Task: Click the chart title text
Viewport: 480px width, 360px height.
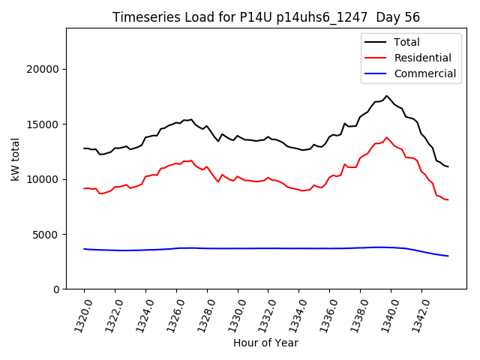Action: pyautogui.click(x=265, y=17)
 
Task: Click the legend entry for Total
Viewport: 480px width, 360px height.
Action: pyautogui.click(x=406, y=42)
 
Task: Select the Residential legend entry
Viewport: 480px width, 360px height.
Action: pyautogui.click(x=422, y=58)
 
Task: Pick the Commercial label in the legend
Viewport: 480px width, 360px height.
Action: pyautogui.click(x=424, y=73)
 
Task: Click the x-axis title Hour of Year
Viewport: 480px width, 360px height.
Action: pyautogui.click(x=265, y=343)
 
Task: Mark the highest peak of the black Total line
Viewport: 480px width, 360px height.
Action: pyautogui.click(x=387, y=96)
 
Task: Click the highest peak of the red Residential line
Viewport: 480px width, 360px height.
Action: pyautogui.click(x=387, y=137)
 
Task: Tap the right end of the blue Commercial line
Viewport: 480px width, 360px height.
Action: pyautogui.click(x=448, y=256)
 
